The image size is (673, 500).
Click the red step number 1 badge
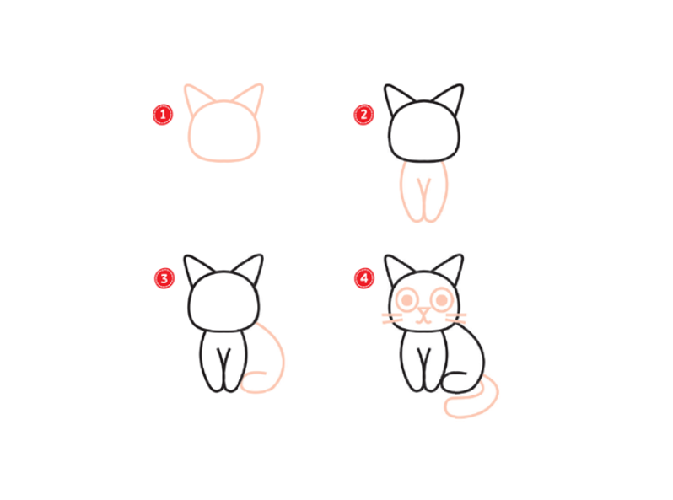click(x=163, y=115)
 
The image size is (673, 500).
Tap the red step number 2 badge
click(x=363, y=115)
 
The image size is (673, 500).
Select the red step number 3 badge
click(x=164, y=278)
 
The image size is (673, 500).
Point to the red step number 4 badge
click(x=364, y=278)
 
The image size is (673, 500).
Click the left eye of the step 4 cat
click(x=406, y=299)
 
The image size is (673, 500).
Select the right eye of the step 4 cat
click(x=442, y=299)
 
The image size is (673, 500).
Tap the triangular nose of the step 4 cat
click(x=423, y=312)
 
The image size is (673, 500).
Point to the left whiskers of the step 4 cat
click(x=392, y=319)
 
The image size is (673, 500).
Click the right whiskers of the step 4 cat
click(x=455, y=319)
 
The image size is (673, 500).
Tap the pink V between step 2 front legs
click(x=423, y=189)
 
